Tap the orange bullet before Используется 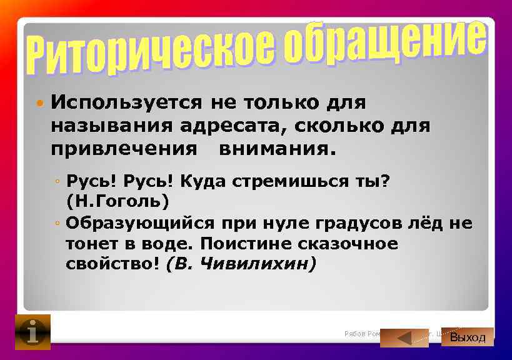[x=39, y=101]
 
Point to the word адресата [x=231, y=126]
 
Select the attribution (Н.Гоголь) [x=118, y=202]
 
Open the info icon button [x=33, y=332]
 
